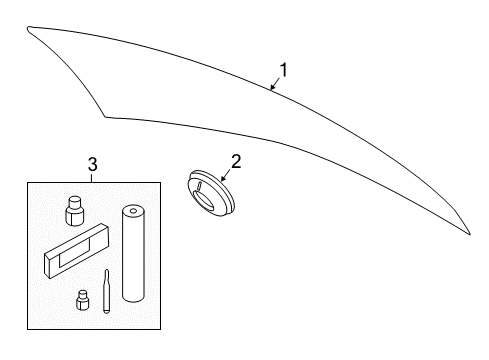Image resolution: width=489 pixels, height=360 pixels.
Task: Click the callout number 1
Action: [283, 70]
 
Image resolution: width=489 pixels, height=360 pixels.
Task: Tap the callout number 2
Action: [236, 161]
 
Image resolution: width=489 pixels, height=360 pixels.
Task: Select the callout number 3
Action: [92, 164]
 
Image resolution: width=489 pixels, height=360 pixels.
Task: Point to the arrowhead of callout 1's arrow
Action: [272, 87]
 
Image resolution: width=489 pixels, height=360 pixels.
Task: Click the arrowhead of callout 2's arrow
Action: [223, 179]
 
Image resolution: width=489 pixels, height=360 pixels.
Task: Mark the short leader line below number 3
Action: [92, 178]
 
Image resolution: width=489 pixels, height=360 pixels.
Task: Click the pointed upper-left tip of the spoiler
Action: [28, 28]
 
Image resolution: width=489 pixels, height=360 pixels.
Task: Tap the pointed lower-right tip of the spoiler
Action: [469, 234]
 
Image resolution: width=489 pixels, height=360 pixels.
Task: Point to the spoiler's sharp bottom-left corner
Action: [105, 117]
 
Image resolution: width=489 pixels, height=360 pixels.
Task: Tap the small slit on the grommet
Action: [199, 186]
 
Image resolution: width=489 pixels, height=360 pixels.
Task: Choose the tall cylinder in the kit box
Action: [134, 253]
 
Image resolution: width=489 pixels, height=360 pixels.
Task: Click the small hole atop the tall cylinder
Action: [133, 211]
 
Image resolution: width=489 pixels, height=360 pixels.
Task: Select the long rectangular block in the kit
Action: [76, 251]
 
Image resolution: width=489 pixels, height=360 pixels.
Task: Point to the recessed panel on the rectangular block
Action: [75, 254]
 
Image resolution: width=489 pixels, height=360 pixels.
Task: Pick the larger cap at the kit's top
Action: [75, 211]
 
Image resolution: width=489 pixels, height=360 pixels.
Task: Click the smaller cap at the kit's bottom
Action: [82, 300]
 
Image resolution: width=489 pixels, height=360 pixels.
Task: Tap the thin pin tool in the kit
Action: [106, 291]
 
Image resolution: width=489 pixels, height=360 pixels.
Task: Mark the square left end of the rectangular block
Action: [49, 265]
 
